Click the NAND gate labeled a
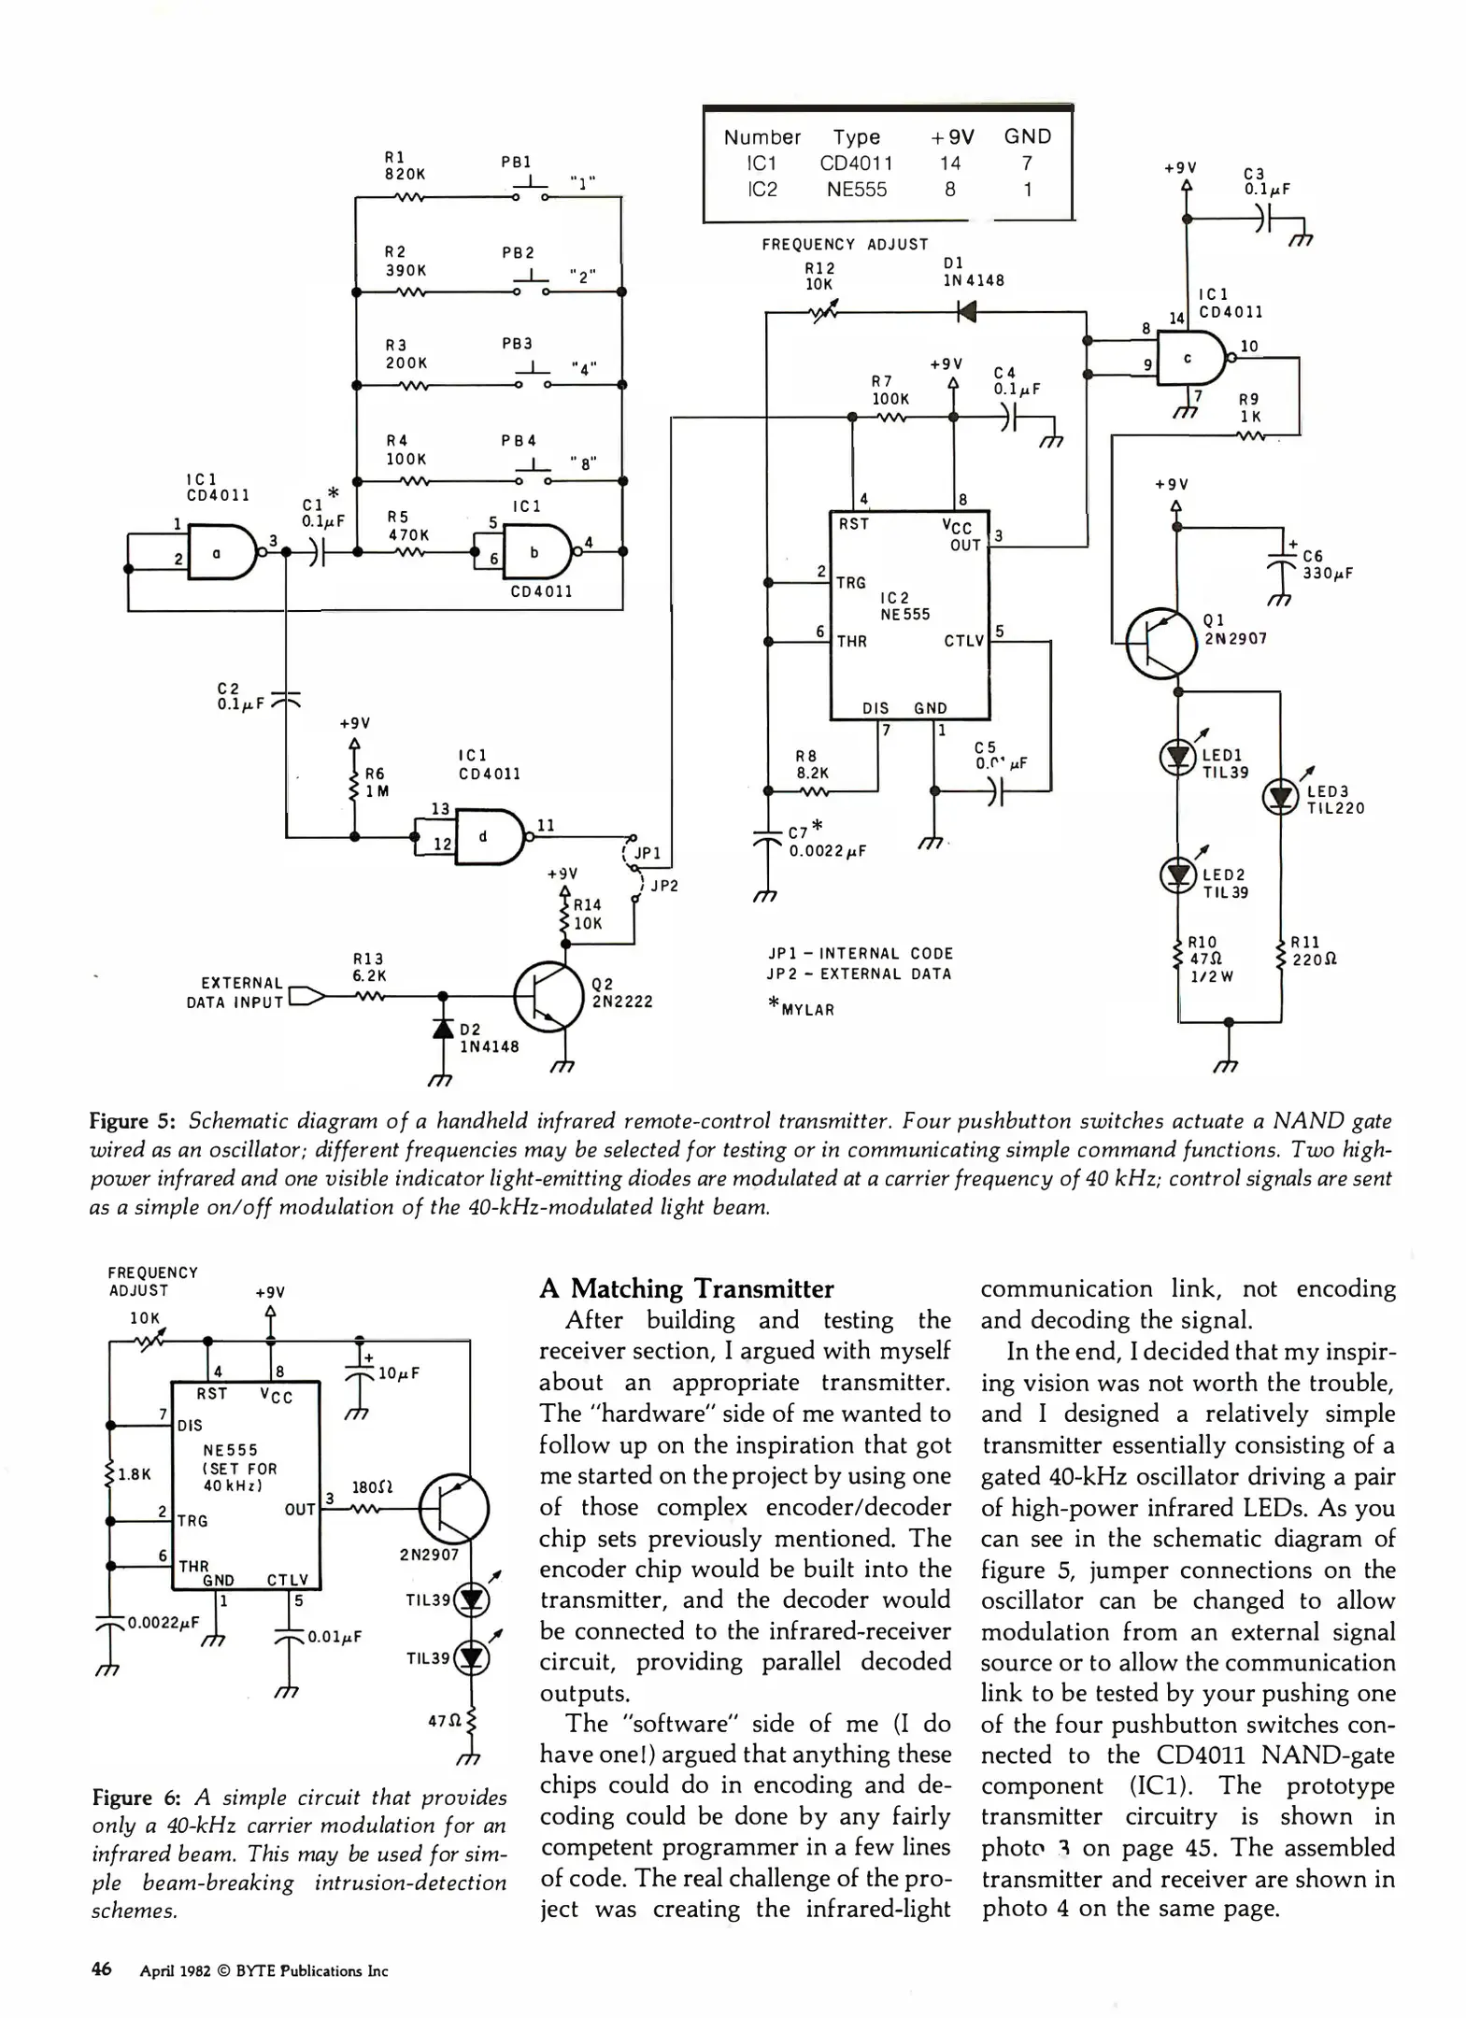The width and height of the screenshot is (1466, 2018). pyautogui.click(x=222, y=552)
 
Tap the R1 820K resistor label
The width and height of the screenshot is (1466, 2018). pyautogui.click(x=405, y=165)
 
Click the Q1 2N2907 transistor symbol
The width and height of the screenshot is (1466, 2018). pyautogui.click(x=1160, y=643)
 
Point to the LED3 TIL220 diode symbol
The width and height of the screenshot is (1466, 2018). pyautogui.click(x=1279, y=797)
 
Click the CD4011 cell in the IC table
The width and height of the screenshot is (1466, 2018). pyautogui.click(x=856, y=163)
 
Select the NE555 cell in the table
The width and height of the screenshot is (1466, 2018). pyautogui.click(x=856, y=189)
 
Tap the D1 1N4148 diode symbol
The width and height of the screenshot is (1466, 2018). pyautogui.click(x=967, y=311)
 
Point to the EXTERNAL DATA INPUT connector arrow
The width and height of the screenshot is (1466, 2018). pyautogui.click(x=307, y=996)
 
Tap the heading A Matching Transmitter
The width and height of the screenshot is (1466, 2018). pyautogui.click(x=686, y=1288)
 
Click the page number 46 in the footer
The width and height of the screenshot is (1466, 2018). pyautogui.click(x=101, y=1969)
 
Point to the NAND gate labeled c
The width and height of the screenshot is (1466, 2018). pyautogui.click(x=1191, y=359)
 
